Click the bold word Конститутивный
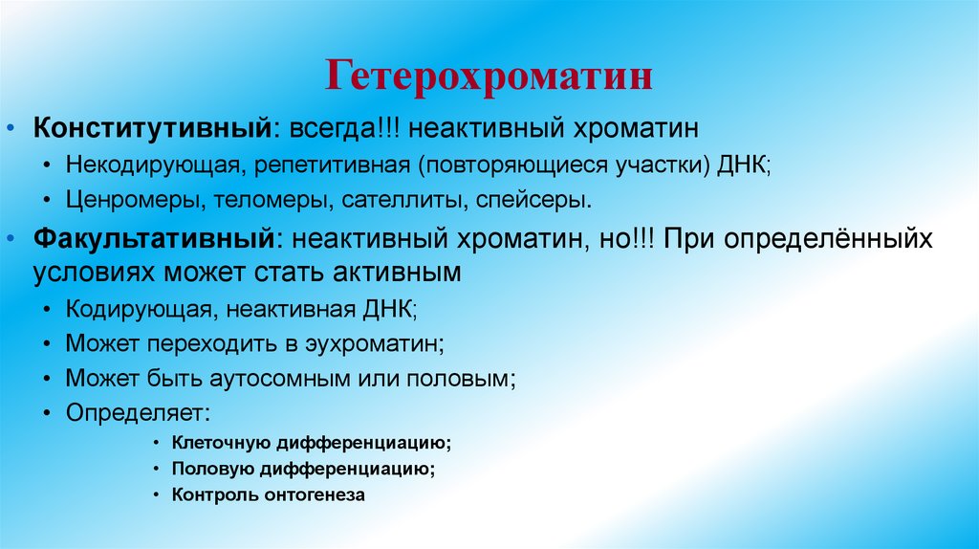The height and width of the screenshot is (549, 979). click(x=156, y=127)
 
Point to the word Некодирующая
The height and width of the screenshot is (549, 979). click(x=149, y=165)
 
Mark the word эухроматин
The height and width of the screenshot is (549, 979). click(x=373, y=343)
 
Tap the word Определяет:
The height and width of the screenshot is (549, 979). click(x=139, y=413)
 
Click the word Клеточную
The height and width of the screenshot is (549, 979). click(x=221, y=444)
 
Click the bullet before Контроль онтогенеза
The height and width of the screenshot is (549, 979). click(x=156, y=495)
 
